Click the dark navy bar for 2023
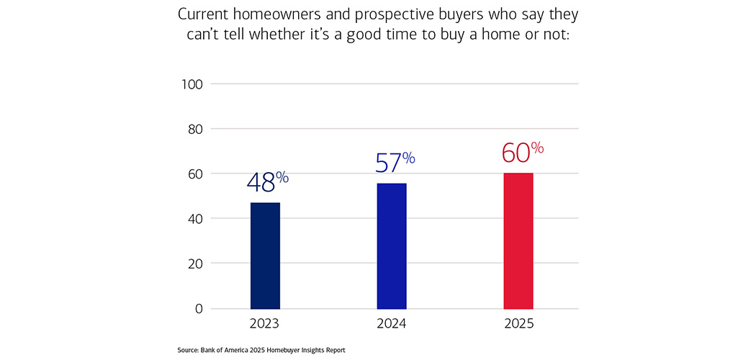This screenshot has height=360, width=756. click(x=265, y=256)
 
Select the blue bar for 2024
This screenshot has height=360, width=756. click(x=392, y=246)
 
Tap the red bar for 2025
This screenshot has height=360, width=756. click(x=518, y=240)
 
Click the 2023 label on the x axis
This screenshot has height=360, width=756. click(x=265, y=323)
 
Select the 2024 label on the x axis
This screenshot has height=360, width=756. click(x=392, y=323)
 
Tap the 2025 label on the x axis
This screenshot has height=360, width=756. click(x=518, y=323)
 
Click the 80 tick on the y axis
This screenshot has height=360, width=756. click(x=194, y=129)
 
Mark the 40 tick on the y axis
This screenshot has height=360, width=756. click(x=194, y=219)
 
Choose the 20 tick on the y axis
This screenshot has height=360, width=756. click(x=194, y=264)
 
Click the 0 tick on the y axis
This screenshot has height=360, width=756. click(x=199, y=308)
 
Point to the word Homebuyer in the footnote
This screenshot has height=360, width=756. click(x=283, y=351)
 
